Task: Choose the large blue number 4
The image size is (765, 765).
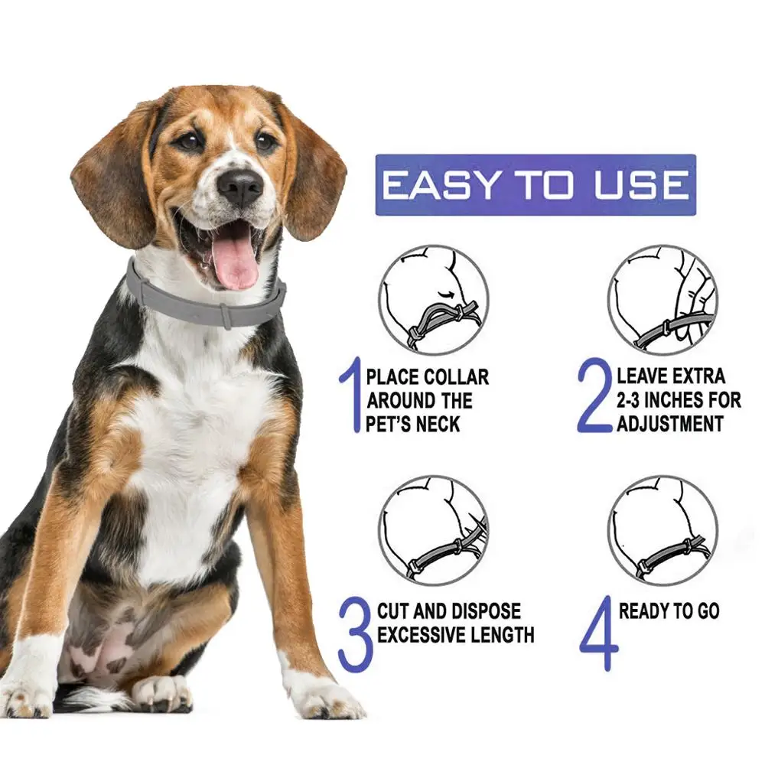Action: pyautogui.click(x=597, y=634)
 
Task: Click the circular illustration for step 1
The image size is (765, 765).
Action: pyautogui.click(x=433, y=299)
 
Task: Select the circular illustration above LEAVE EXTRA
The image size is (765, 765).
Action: pyautogui.click(x=662, y=299)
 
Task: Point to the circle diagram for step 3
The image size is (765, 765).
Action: pyautogui.click(x=433, y=530)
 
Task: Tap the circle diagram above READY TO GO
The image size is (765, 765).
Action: pyautogui.click(x=662, y=530)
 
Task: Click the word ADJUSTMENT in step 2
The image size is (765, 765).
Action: pyautogui.click(x=669, y=423)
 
